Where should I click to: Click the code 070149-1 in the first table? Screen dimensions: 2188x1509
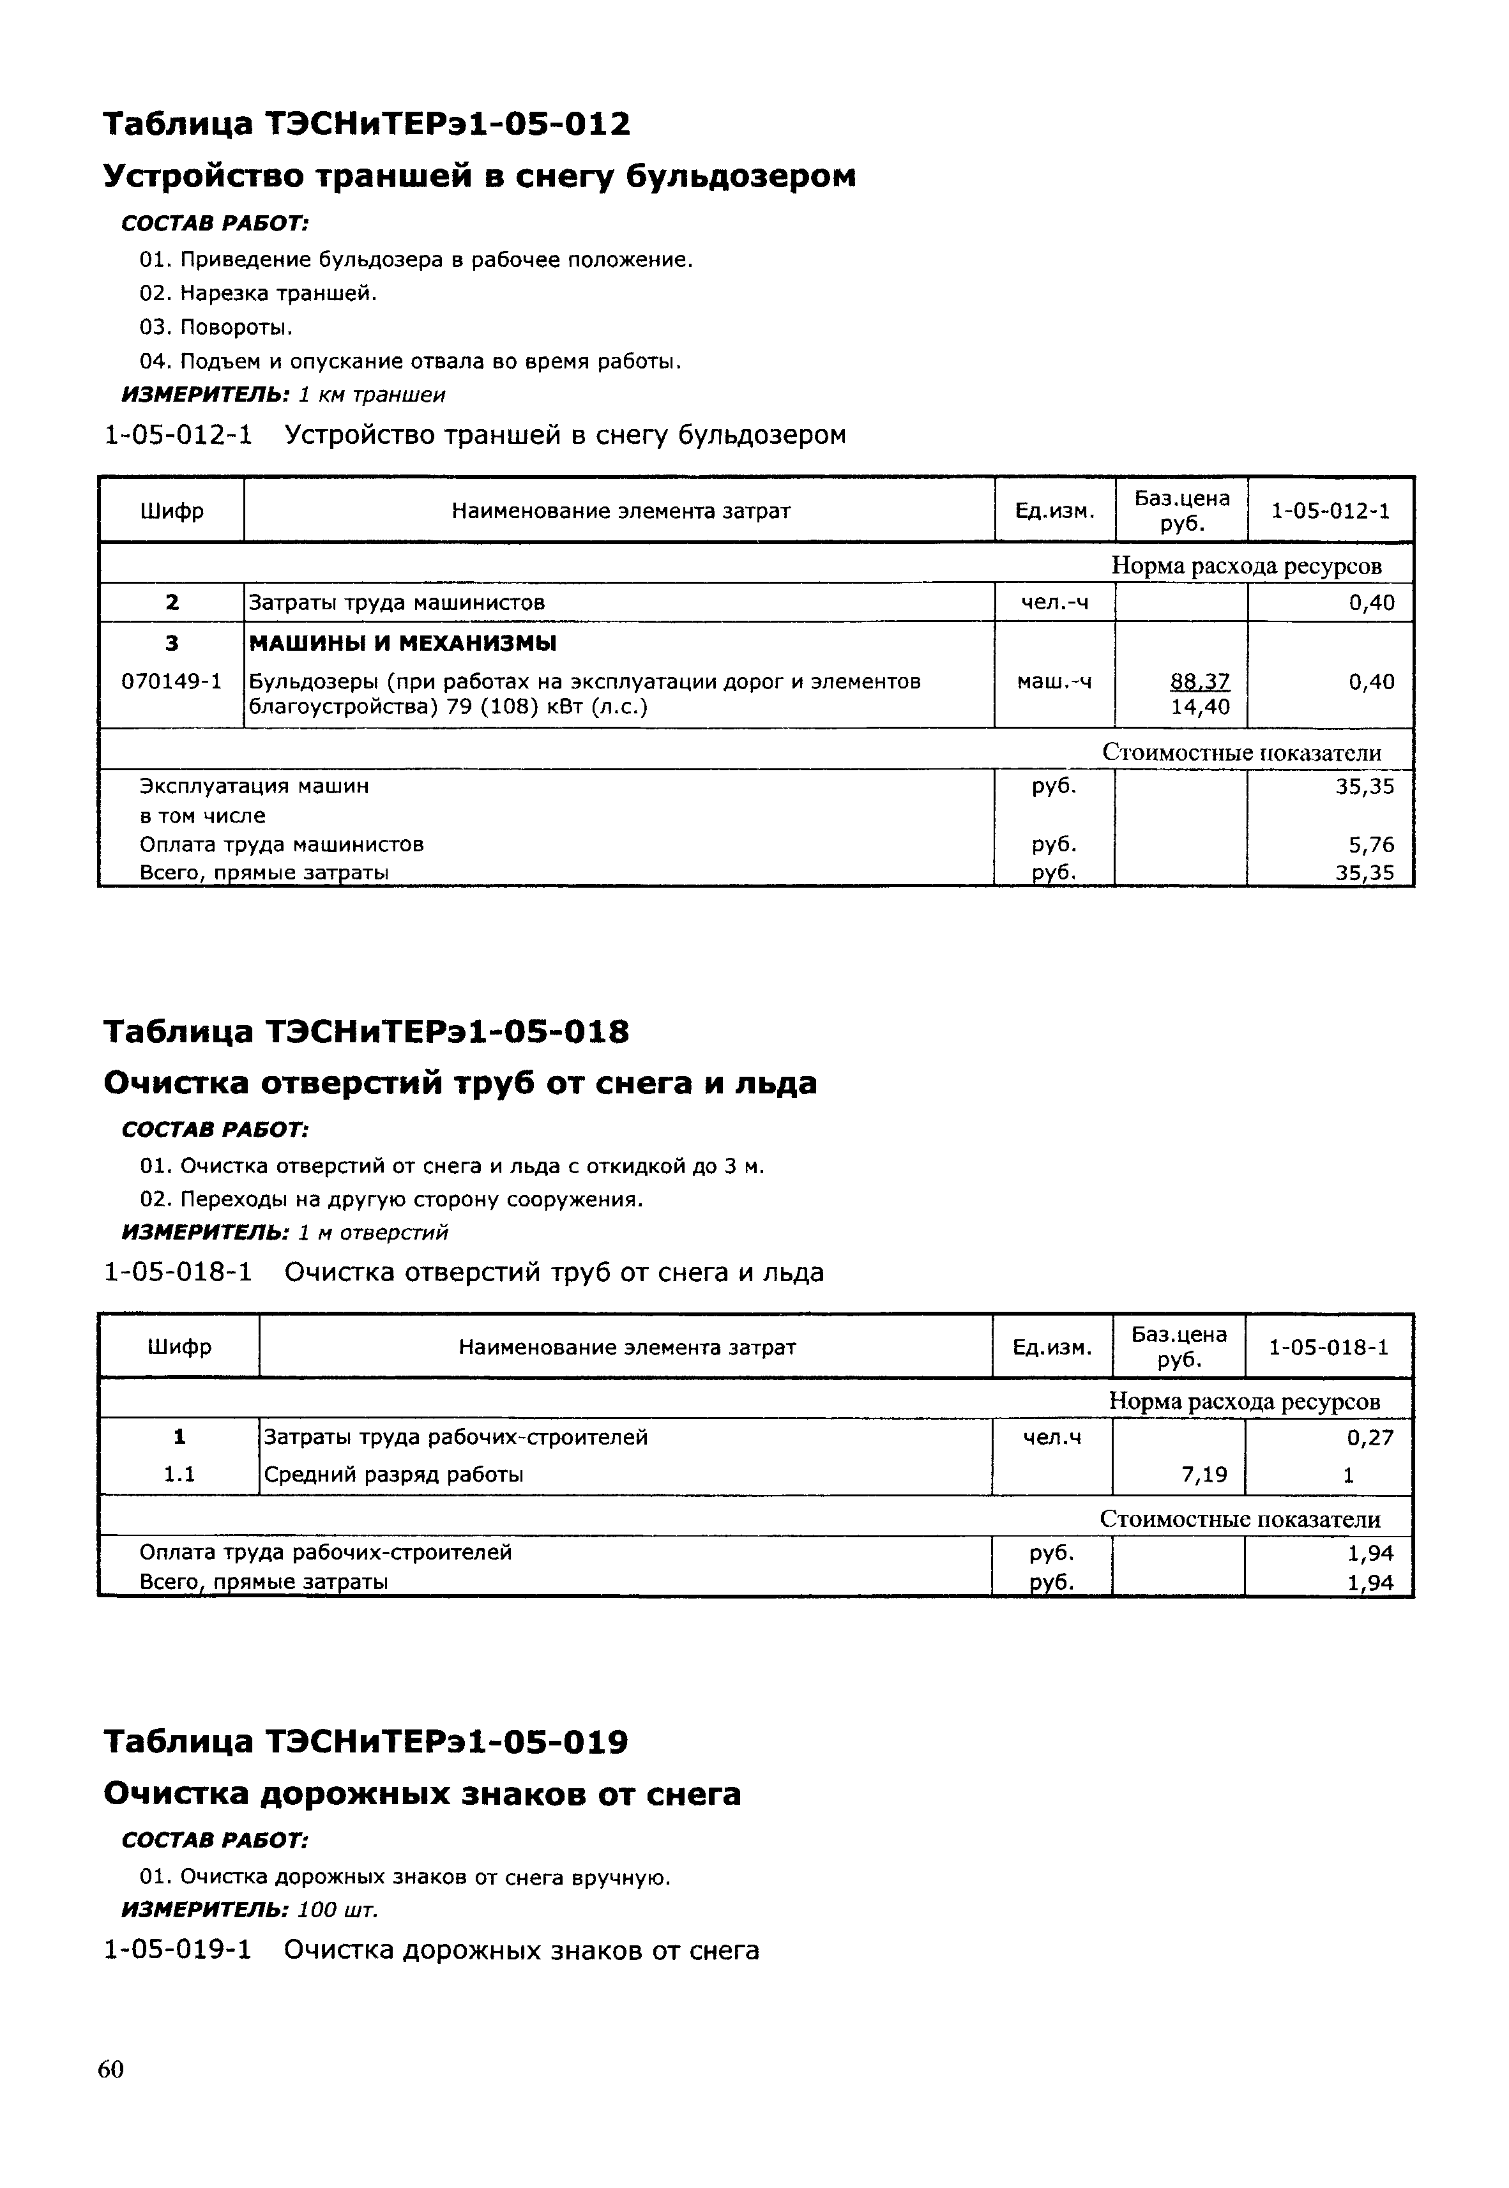coord(171,681)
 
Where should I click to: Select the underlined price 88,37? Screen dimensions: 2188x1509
coord(1200,681)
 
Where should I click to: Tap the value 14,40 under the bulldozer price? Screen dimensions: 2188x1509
coord(1200,706)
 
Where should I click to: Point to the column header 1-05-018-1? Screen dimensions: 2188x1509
coord(1328,1346)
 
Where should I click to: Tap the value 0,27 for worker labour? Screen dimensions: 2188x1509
coord(1370,1437)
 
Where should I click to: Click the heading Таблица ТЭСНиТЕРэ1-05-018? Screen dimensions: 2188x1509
coord(365,1031)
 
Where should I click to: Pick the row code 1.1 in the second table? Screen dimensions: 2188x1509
coord(179,1474)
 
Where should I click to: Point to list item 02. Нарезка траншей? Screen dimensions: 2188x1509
coord(258,293)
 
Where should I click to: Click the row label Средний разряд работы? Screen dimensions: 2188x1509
coord(393,1474)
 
